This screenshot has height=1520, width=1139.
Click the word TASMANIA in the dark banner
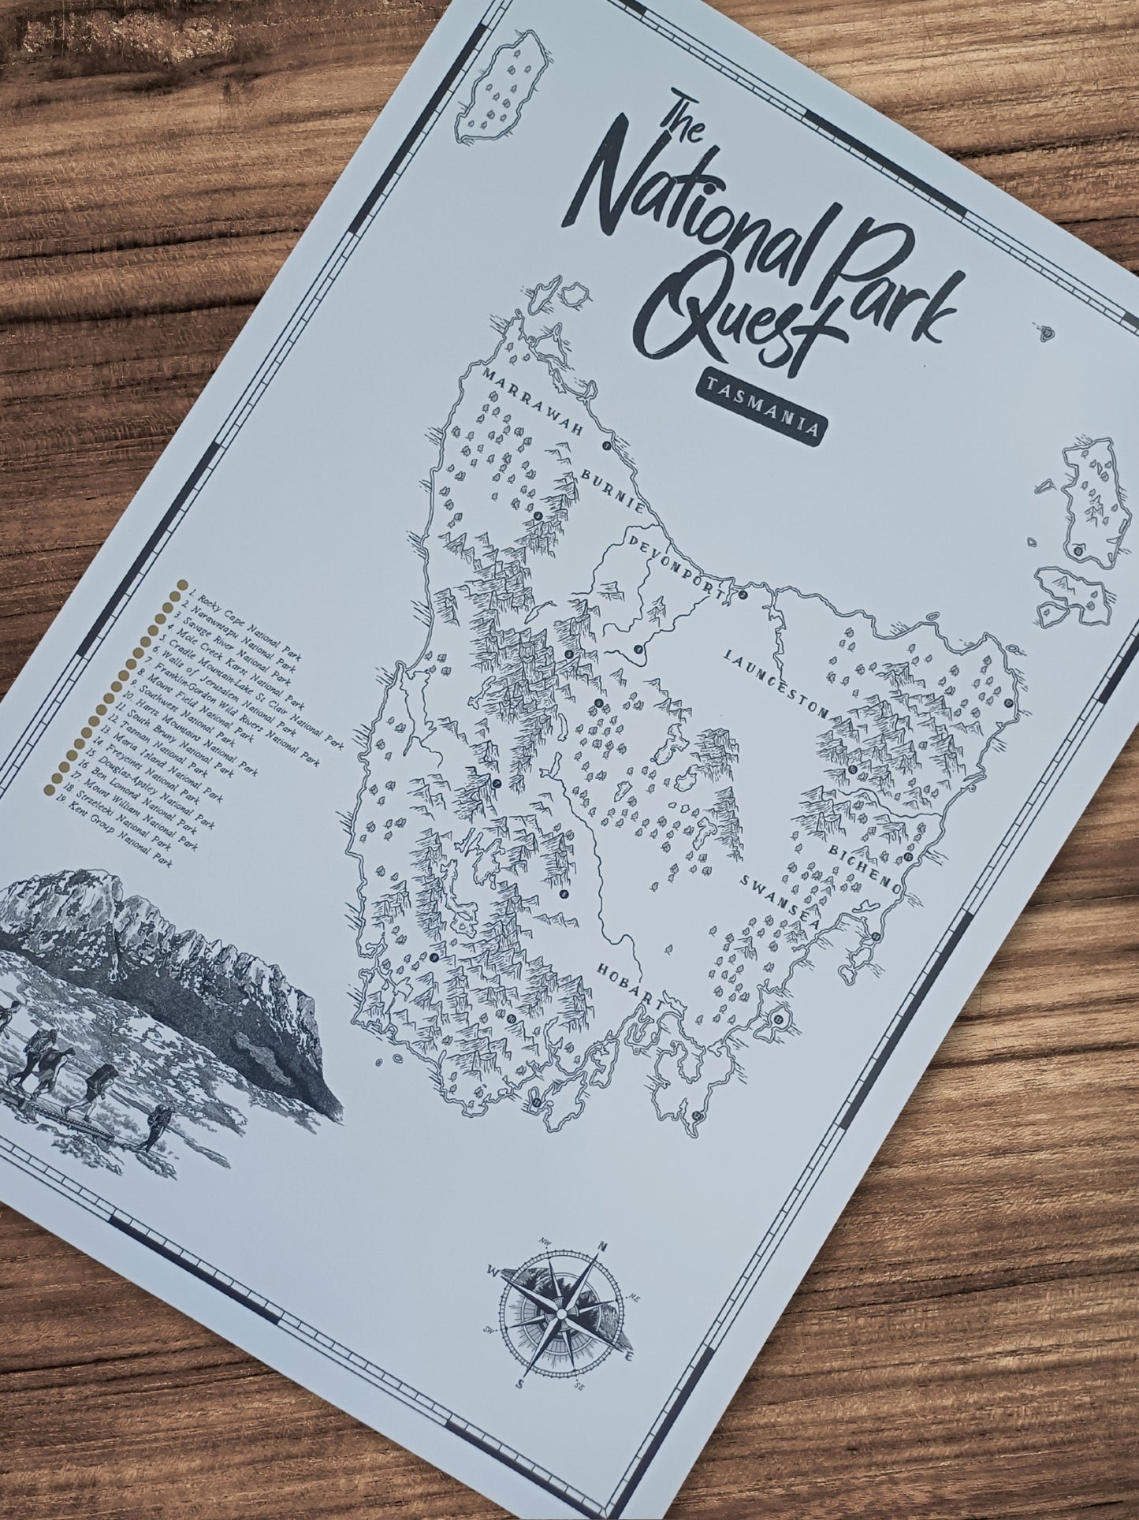[x=761, y=408]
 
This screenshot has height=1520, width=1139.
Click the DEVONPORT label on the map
[x=675, y=564]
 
